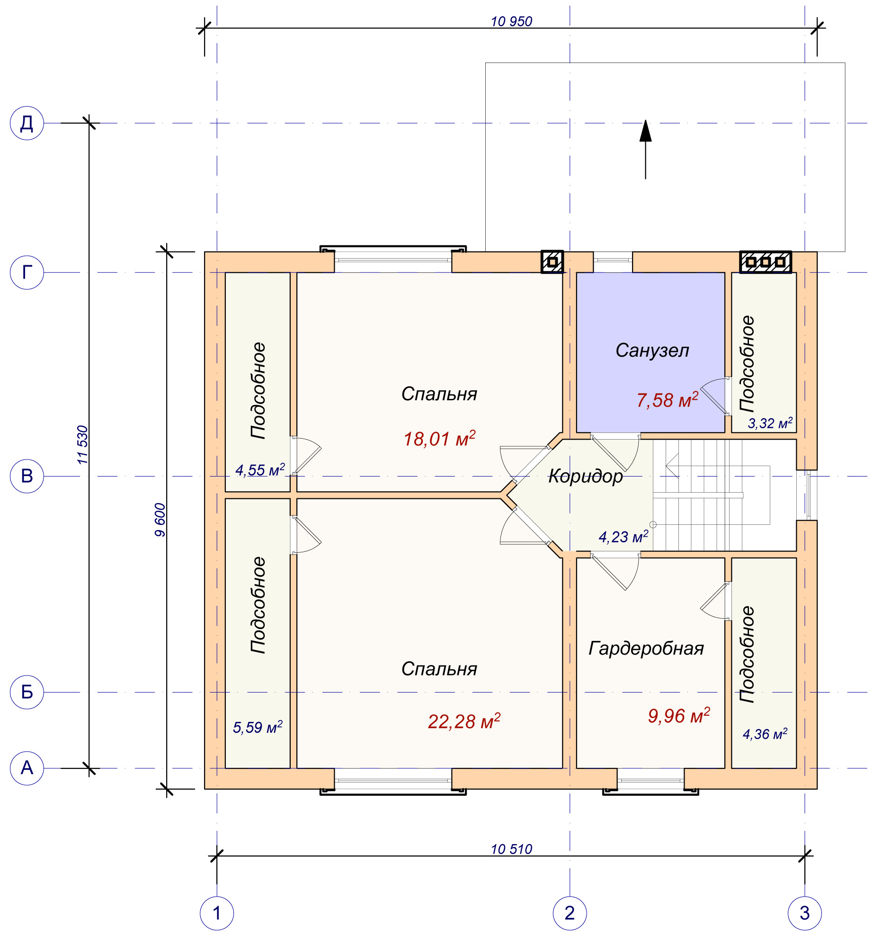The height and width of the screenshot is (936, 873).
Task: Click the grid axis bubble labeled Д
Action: pyautogui.click(x=27, y=123)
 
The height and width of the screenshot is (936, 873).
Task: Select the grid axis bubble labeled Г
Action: pyautogui.click(x=27, y=272)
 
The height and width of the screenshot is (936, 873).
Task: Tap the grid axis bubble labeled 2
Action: pyautogui.click(x=570, y=913)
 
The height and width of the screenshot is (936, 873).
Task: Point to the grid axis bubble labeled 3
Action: pyautogui.click(x=804, y=913)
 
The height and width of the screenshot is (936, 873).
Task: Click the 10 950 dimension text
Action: pyautogui.click(x=511, y=21)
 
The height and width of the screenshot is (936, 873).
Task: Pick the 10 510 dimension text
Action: pyautogui.click(x=511, y=849)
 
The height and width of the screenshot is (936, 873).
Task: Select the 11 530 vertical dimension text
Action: pyautogui.click(x=82, y=445)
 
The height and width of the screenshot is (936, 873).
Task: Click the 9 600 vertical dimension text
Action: pyautogui.click(x=160, y=520)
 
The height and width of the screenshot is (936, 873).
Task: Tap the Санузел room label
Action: pyautogui.click(x=652, y=350)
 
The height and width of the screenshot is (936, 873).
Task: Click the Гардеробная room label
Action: pyautogui.click(x=646, y=648)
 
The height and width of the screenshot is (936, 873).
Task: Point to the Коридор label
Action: pyautogui.click(x=585, y=476)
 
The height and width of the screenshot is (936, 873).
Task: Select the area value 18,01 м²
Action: pyautogui.click(x=439, y=438)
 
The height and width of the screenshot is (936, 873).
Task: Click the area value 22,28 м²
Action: pyautogui.click(x=464, y=721)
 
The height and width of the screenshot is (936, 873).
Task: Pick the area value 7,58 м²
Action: pyautogui.click(x=667, y=400)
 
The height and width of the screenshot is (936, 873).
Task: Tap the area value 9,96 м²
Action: pyautogui.click(x=679, y=716)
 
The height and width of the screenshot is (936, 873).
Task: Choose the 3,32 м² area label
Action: pyautogui.click(x=770, y=423)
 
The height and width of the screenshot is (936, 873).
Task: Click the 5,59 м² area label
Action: pyautogui.click(x=258, y=727)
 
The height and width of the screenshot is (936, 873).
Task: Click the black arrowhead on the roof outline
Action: pyautogui.click(x=645, y=131)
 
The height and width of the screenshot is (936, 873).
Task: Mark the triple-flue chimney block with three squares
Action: pyautogui.click(x=766, y=262)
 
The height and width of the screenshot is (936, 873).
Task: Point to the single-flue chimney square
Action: pyautogui.click(x=552, y=262)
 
